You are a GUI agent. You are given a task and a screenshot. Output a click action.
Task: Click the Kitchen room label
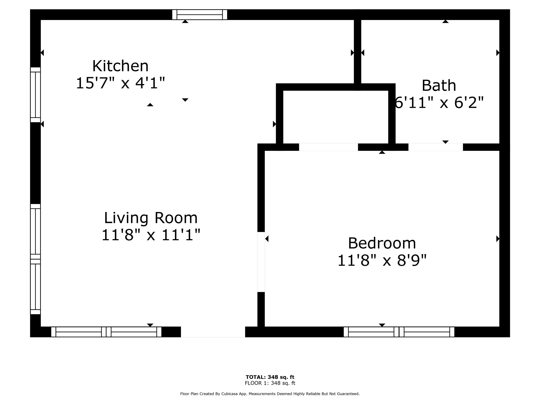120,66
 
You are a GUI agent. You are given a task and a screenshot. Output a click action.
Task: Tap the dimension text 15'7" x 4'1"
120,83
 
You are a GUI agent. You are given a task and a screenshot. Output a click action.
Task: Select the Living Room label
151,218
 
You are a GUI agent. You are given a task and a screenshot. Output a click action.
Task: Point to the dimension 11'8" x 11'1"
151,235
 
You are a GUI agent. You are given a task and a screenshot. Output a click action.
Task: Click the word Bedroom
382,243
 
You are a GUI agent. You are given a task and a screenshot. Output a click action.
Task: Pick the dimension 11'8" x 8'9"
382,261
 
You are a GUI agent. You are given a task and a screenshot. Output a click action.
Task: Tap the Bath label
439,86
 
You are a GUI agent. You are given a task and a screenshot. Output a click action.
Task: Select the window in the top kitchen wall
200,15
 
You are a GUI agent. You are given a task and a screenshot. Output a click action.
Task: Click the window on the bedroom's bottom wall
399,332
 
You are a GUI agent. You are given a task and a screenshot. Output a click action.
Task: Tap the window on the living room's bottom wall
106,332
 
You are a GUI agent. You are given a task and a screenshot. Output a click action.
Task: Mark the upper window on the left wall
35,95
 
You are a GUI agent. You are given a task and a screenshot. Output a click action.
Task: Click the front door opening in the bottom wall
213,332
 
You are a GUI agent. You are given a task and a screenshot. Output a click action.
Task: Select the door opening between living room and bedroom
261,262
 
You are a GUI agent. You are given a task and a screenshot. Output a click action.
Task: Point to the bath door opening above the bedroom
435,147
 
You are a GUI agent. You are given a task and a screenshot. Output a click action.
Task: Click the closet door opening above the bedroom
328,147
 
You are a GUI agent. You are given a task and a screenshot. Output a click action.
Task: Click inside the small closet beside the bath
335,117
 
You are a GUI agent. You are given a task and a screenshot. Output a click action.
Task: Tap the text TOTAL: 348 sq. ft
270,377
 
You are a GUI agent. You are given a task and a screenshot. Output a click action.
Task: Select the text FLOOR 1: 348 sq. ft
270,383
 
